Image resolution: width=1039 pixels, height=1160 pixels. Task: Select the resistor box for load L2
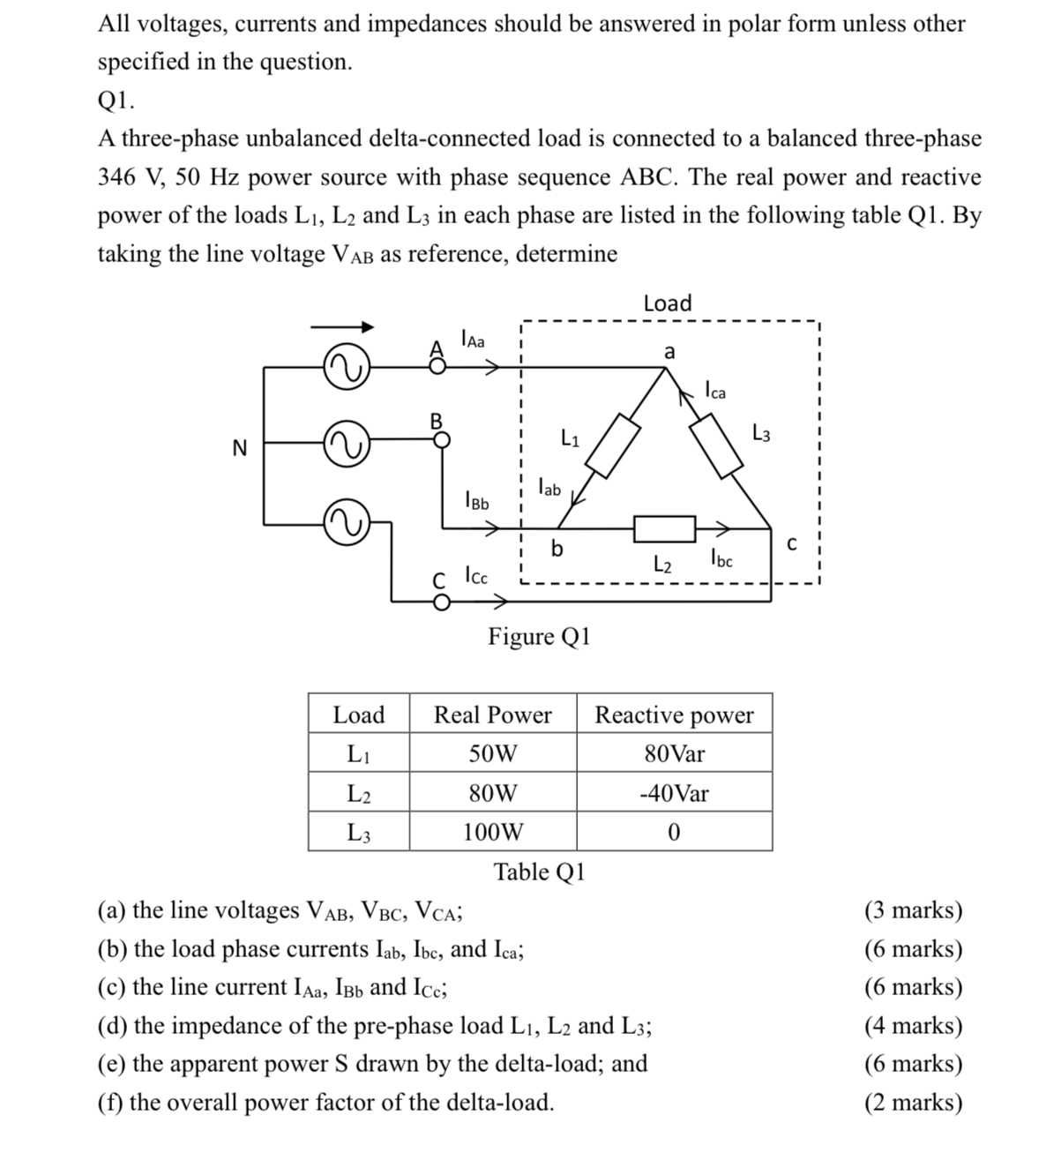(x=664, y=528)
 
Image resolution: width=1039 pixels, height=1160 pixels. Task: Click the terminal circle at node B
(x=444, y=438)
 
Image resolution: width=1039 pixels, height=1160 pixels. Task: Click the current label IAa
(x=473, y=338)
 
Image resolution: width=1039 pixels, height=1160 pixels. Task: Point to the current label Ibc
(x=721, y=558)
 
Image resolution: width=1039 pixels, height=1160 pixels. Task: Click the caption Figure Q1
(x=539, y=636)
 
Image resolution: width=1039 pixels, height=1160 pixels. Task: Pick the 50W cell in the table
(x=492, y=754)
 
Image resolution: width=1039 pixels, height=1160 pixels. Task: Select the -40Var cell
(x=674, y=793)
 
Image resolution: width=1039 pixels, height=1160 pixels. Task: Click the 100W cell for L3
(x=492, y=832)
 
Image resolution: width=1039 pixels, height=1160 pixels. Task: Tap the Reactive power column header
(x=674, y=715)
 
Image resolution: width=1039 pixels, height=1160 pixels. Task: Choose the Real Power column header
(x=492, y=715)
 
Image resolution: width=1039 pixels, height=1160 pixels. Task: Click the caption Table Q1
(x=539, y=872)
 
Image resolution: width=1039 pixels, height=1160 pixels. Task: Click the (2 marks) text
(x=913, y=1103)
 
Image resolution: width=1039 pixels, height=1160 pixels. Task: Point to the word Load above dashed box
(x=668, y=303)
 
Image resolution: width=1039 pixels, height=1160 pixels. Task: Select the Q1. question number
(x=116, y=101)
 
